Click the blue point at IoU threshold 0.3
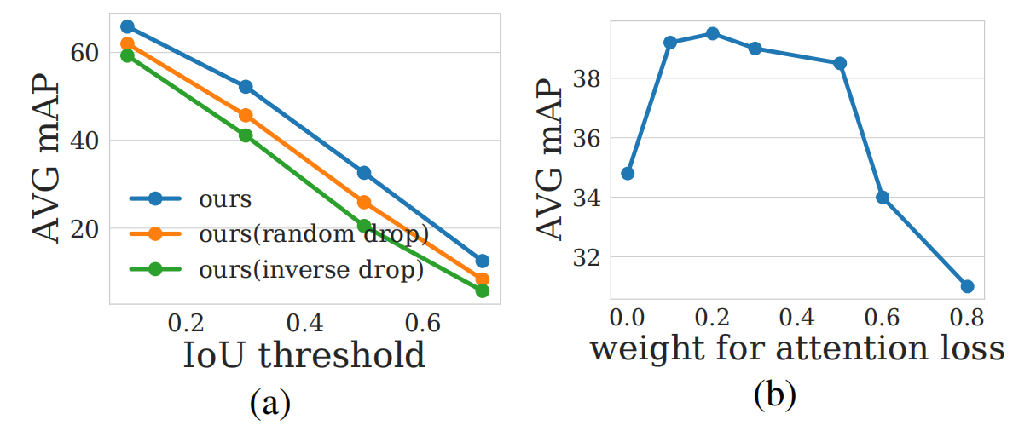(246, 87)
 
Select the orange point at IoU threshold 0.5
(364, 202)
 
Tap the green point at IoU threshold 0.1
(128, 55)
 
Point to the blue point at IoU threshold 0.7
(483, 261)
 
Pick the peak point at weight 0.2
(713, 33)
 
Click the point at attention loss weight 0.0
(628, 174)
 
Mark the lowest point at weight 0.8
(967, 286)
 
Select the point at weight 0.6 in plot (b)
(883, 198)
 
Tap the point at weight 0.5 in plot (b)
(840, 63)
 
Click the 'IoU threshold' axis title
(304, 355)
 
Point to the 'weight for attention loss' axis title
(796, 349)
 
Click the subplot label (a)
(270, 401)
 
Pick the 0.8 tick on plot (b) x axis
(967, 319)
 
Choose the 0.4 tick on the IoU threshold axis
(304, 324)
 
